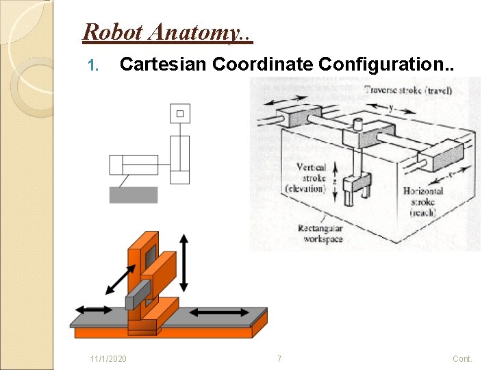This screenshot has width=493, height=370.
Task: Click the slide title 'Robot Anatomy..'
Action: [167, 32]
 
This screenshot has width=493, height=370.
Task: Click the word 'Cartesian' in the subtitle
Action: [163, 64]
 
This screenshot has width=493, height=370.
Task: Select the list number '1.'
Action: [94, 66]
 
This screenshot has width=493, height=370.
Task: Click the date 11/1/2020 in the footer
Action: [108, 359]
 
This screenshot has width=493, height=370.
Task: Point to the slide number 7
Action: [279, 359]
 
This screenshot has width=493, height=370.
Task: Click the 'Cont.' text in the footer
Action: [462, 359]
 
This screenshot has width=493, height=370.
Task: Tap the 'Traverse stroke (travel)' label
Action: [407, 90]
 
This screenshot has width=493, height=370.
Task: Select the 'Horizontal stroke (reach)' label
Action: [423, 201]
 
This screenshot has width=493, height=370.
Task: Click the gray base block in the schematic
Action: [134, 195]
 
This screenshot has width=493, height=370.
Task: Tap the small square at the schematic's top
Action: [180, 113]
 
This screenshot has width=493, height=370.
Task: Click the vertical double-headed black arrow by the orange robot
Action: [184, 262]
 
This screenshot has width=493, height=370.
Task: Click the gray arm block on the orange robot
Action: [139, 293]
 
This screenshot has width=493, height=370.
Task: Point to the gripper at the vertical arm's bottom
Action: [355, 188]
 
